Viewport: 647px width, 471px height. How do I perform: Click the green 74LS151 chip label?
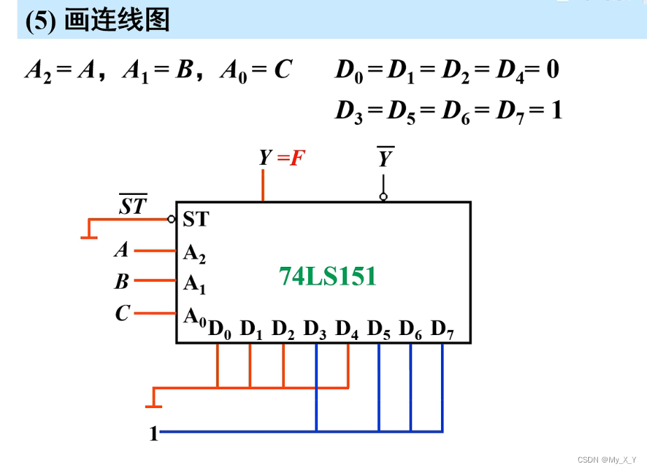point(328,277)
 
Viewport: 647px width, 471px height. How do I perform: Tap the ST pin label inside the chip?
point(195,219)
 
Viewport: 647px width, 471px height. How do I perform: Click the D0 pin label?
point(219,329)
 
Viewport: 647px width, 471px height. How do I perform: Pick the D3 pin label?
point(315,329)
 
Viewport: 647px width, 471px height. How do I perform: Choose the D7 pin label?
point(443,329)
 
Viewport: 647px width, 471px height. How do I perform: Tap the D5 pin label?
point(379,329)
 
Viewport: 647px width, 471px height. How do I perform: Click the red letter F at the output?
point(298,158)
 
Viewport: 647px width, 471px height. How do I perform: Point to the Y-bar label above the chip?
point(384,158)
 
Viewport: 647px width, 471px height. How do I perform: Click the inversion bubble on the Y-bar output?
point(383,197)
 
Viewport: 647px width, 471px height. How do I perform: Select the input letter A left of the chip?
point(122,250)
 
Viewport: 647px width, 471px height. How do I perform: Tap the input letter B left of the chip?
point(122,282)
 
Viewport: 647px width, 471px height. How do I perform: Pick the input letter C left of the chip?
point(123,313)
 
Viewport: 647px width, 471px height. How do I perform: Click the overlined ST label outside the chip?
point(133,206)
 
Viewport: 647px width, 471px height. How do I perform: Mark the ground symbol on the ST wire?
point(88,235)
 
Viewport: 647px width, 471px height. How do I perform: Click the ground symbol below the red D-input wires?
point(153,404)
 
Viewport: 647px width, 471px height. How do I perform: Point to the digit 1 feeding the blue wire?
point(153,434)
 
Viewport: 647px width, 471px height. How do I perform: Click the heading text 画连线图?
point(117,20)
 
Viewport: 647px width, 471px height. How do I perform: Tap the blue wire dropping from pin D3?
point(316,392)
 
